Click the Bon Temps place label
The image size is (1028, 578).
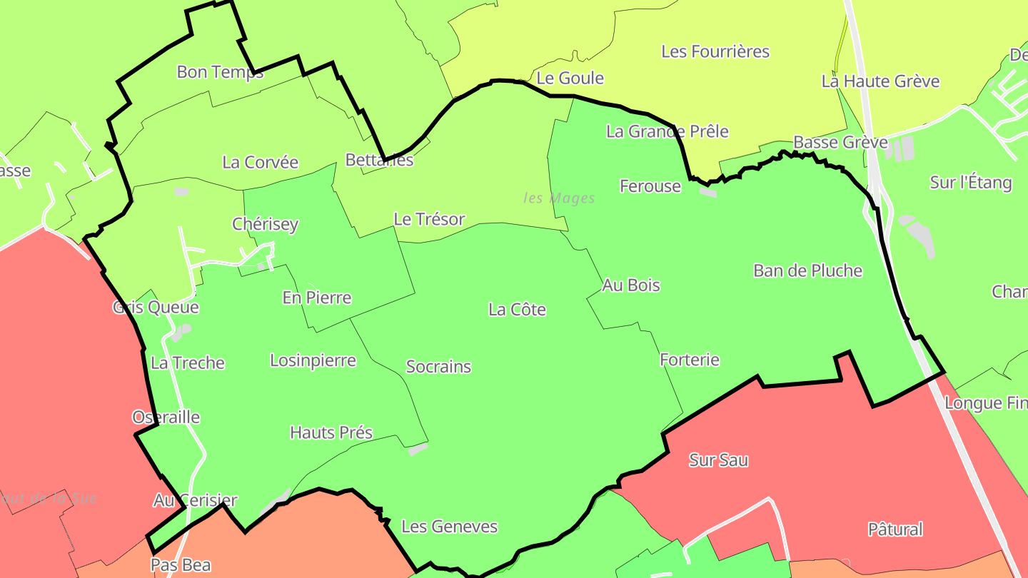pos(220,72)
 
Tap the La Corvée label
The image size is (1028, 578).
pos(261,162)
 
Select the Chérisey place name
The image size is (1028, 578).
pos(266,224)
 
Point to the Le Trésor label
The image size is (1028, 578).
pos(429,219)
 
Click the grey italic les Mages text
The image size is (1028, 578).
pos(559,198)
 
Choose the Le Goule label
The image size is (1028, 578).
pos(570,78)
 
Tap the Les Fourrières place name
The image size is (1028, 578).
pos(715,51)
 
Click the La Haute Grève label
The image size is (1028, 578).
pos(880,81)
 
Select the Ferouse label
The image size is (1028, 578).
pos(650,186)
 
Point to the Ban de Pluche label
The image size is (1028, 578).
pos(808,271)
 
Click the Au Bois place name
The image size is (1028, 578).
pos(631,285)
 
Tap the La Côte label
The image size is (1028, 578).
pos(518,310)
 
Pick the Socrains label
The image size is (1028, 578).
pos(438,367)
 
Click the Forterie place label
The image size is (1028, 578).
pos(690,360)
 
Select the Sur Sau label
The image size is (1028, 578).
pos(718,460)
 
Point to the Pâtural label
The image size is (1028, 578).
pos(895,529)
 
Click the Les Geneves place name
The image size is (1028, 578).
pos(450,527)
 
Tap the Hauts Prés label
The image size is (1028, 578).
pos(331,432)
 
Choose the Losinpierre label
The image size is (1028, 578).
pos(313,360)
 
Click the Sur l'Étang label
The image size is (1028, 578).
pos(971,183)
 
